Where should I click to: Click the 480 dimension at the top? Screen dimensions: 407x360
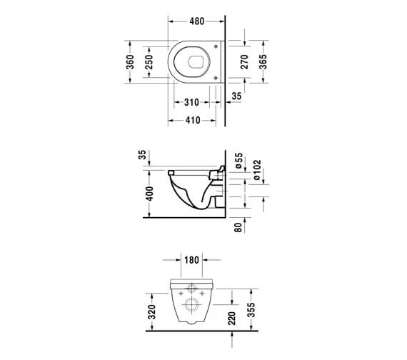click(x=197, y=21)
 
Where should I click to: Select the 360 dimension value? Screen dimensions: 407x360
click(x=130, y=62)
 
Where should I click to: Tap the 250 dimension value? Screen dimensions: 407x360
click(x=149, y=62)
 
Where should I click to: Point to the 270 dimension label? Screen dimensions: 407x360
click(x=244, y=62)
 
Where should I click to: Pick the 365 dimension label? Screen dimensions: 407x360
click(x=263, y=62)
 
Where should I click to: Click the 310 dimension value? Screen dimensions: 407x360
click(x=191, y=102)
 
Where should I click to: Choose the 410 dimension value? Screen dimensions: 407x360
click(x=193, y=120)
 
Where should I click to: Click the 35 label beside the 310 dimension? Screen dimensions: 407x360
click(x=236, y=96)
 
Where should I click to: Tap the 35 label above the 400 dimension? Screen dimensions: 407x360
click(x=142, y=154)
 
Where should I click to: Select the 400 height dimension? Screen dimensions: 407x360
click(x=149, y=194)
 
